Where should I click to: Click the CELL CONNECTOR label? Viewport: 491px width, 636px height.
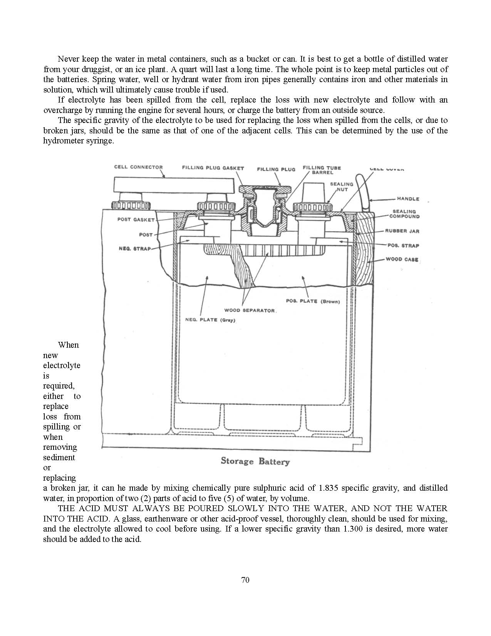(x=138, y=167)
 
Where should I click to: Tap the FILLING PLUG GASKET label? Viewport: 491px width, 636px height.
(x=213, y=168)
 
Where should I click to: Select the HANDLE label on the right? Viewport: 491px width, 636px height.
(x=408, y=199)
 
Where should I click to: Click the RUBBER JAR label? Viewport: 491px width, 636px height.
(x=402, y=231)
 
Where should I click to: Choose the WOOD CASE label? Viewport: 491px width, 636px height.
(x=402, y=259)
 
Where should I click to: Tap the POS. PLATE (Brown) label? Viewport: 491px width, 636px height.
(x=313, y=301)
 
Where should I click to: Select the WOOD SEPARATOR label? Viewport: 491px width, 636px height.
(x=250, y=310)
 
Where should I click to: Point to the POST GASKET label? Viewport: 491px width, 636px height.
(x=136, y=220)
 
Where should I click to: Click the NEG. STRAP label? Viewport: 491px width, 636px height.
(x=135, y=249)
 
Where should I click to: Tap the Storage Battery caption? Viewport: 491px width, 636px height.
(x=255, y=461)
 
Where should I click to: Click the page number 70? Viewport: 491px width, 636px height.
(x=245, y=580)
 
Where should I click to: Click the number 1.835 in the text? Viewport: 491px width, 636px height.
(x=328, y=488)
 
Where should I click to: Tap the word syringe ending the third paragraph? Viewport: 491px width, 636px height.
(x=102, y=141)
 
